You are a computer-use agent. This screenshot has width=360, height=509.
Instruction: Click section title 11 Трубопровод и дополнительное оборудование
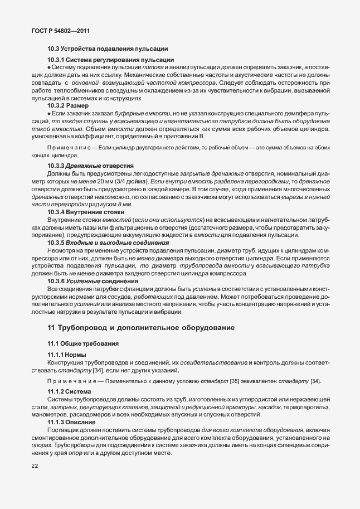pyautogui.click(x=141, y=327)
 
